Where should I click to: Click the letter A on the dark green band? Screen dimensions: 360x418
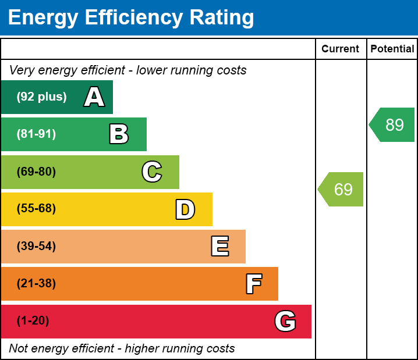(94, 97)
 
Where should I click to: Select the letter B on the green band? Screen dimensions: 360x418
(119, 134)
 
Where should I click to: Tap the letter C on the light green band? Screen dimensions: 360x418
(152, 172)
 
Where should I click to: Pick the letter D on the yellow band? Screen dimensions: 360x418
(185, 209)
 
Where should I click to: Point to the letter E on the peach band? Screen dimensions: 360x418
(219, 247)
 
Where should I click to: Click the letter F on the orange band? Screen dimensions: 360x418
(253, 284)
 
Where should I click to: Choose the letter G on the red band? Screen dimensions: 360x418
(285, 321)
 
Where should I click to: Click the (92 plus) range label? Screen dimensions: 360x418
(41, 97)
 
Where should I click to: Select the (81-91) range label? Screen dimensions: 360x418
(36, 134)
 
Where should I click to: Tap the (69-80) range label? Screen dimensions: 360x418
(36, 172)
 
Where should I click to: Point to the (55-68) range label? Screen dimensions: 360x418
(36, 209)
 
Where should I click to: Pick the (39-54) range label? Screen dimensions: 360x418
(36, 247)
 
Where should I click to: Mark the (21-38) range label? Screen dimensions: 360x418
(36, 284)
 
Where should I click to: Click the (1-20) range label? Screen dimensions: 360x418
(33, 321)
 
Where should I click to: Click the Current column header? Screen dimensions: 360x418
(341, 49)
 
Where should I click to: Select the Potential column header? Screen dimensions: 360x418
(392, 49)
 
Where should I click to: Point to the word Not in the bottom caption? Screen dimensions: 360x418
(19, 349)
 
